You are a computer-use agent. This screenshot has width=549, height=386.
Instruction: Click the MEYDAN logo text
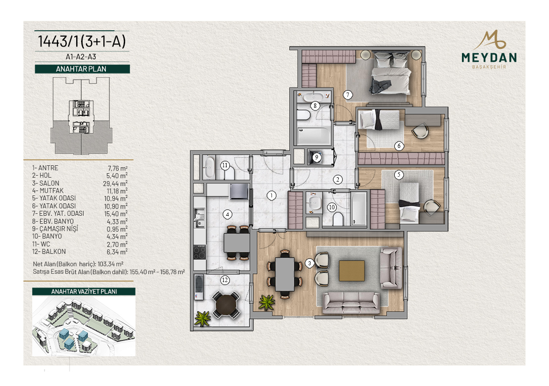tap(489, 57)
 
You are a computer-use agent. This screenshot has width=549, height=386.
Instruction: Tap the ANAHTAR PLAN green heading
tap(82, 69)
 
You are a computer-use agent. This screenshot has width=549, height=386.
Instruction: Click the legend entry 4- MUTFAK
tap(48, 191)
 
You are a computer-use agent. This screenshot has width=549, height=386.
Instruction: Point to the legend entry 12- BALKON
tap(49, 251)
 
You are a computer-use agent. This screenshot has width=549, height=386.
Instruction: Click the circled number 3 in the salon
tap(310, 263)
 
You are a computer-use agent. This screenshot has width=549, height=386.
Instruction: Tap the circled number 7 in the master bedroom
tap(348, 95)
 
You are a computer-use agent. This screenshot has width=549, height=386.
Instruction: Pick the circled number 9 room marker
tap(317, 157)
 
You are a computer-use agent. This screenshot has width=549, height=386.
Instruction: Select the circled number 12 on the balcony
tap(225, 280)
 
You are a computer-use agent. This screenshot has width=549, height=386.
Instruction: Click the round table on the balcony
tap(226, 305)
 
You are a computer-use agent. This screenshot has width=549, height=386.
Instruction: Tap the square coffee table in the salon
tap(352, 271)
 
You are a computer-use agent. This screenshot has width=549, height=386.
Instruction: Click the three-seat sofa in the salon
tap(351, 302)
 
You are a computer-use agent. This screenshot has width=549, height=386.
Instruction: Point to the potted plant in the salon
tap(267, 302)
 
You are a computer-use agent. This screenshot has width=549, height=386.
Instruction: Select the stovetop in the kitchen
tap(200, 252)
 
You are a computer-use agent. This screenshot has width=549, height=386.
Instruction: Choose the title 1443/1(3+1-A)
tap(82, 42)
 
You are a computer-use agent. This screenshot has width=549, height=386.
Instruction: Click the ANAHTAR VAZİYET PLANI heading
tap(84, 291)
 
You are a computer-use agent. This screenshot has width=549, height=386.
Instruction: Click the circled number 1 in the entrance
tap(272, 195)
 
